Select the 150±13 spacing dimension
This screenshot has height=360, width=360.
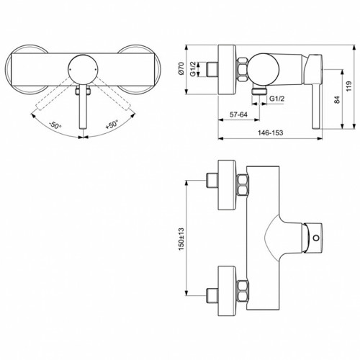(183, 238)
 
